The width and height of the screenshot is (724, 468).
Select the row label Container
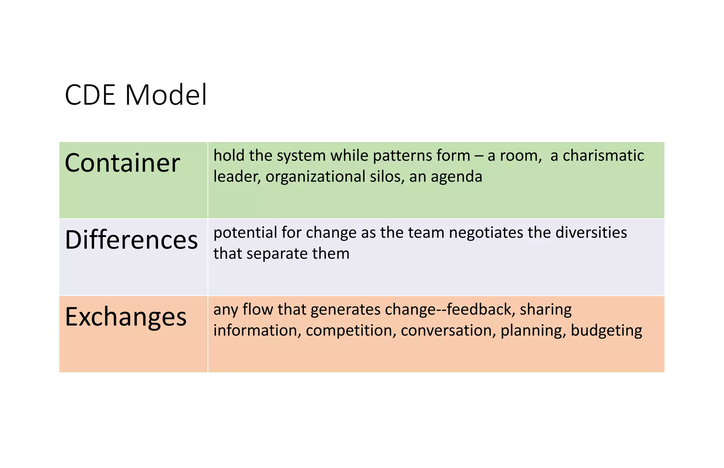tap(122, 163)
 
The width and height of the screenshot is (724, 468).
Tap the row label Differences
tap(131, 240)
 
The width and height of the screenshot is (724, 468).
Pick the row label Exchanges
tap(125, 317)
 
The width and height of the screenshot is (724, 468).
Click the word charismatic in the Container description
tap(603, 156)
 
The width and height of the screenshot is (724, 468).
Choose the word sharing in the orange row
tap(545, 310)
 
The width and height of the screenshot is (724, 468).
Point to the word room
tap(519, 156)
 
